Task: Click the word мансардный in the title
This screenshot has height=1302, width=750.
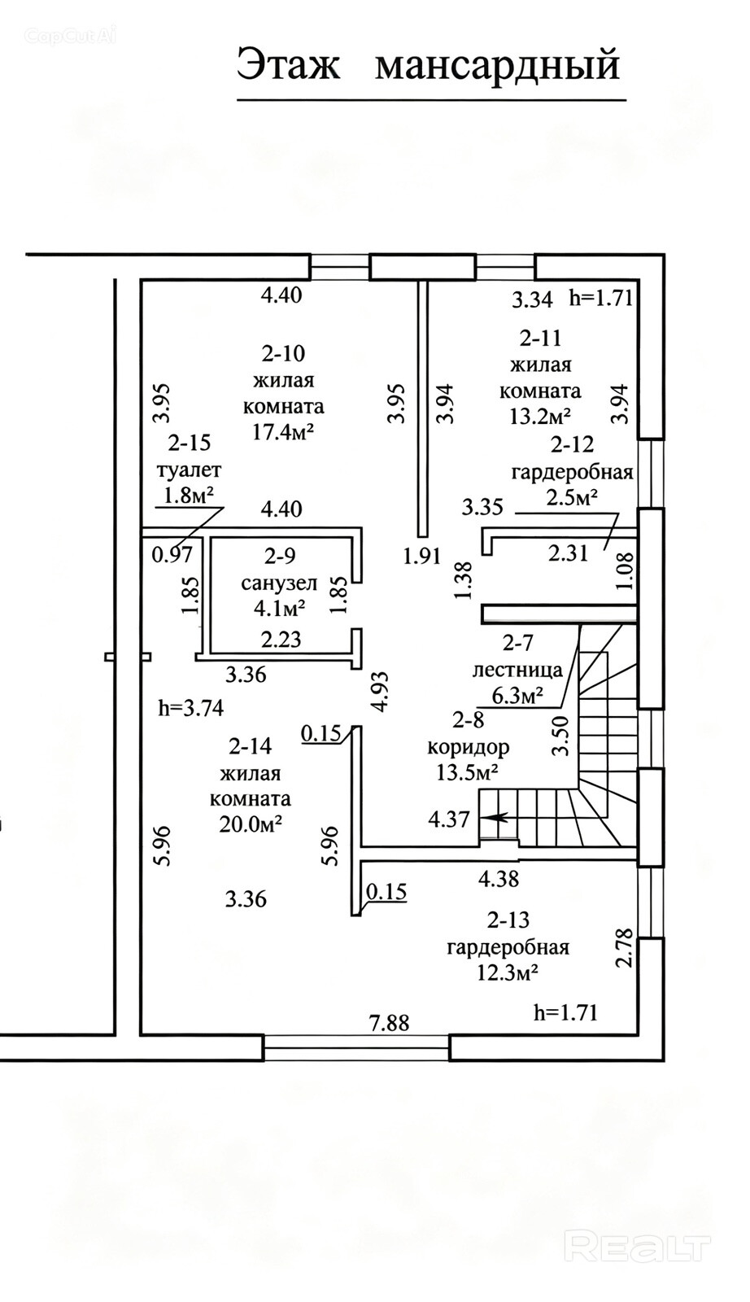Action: [497, 65]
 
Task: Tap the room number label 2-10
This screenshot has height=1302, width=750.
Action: [283, 353]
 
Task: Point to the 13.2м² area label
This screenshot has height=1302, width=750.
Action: [539, 416]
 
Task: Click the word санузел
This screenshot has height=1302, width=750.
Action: [279, 583]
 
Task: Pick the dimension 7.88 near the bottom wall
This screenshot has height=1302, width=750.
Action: [390, 1022]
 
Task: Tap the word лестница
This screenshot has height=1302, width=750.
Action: [517, 670]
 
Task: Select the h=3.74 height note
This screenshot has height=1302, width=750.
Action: [191, 708]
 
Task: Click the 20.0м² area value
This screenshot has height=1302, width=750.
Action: [251, 824]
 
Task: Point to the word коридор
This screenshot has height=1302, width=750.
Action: [469, 747]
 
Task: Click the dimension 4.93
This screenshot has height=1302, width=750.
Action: [380, 691]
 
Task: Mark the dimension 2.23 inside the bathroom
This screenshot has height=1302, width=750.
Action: [281, 640]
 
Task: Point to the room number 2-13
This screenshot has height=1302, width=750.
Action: [508, 920]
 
